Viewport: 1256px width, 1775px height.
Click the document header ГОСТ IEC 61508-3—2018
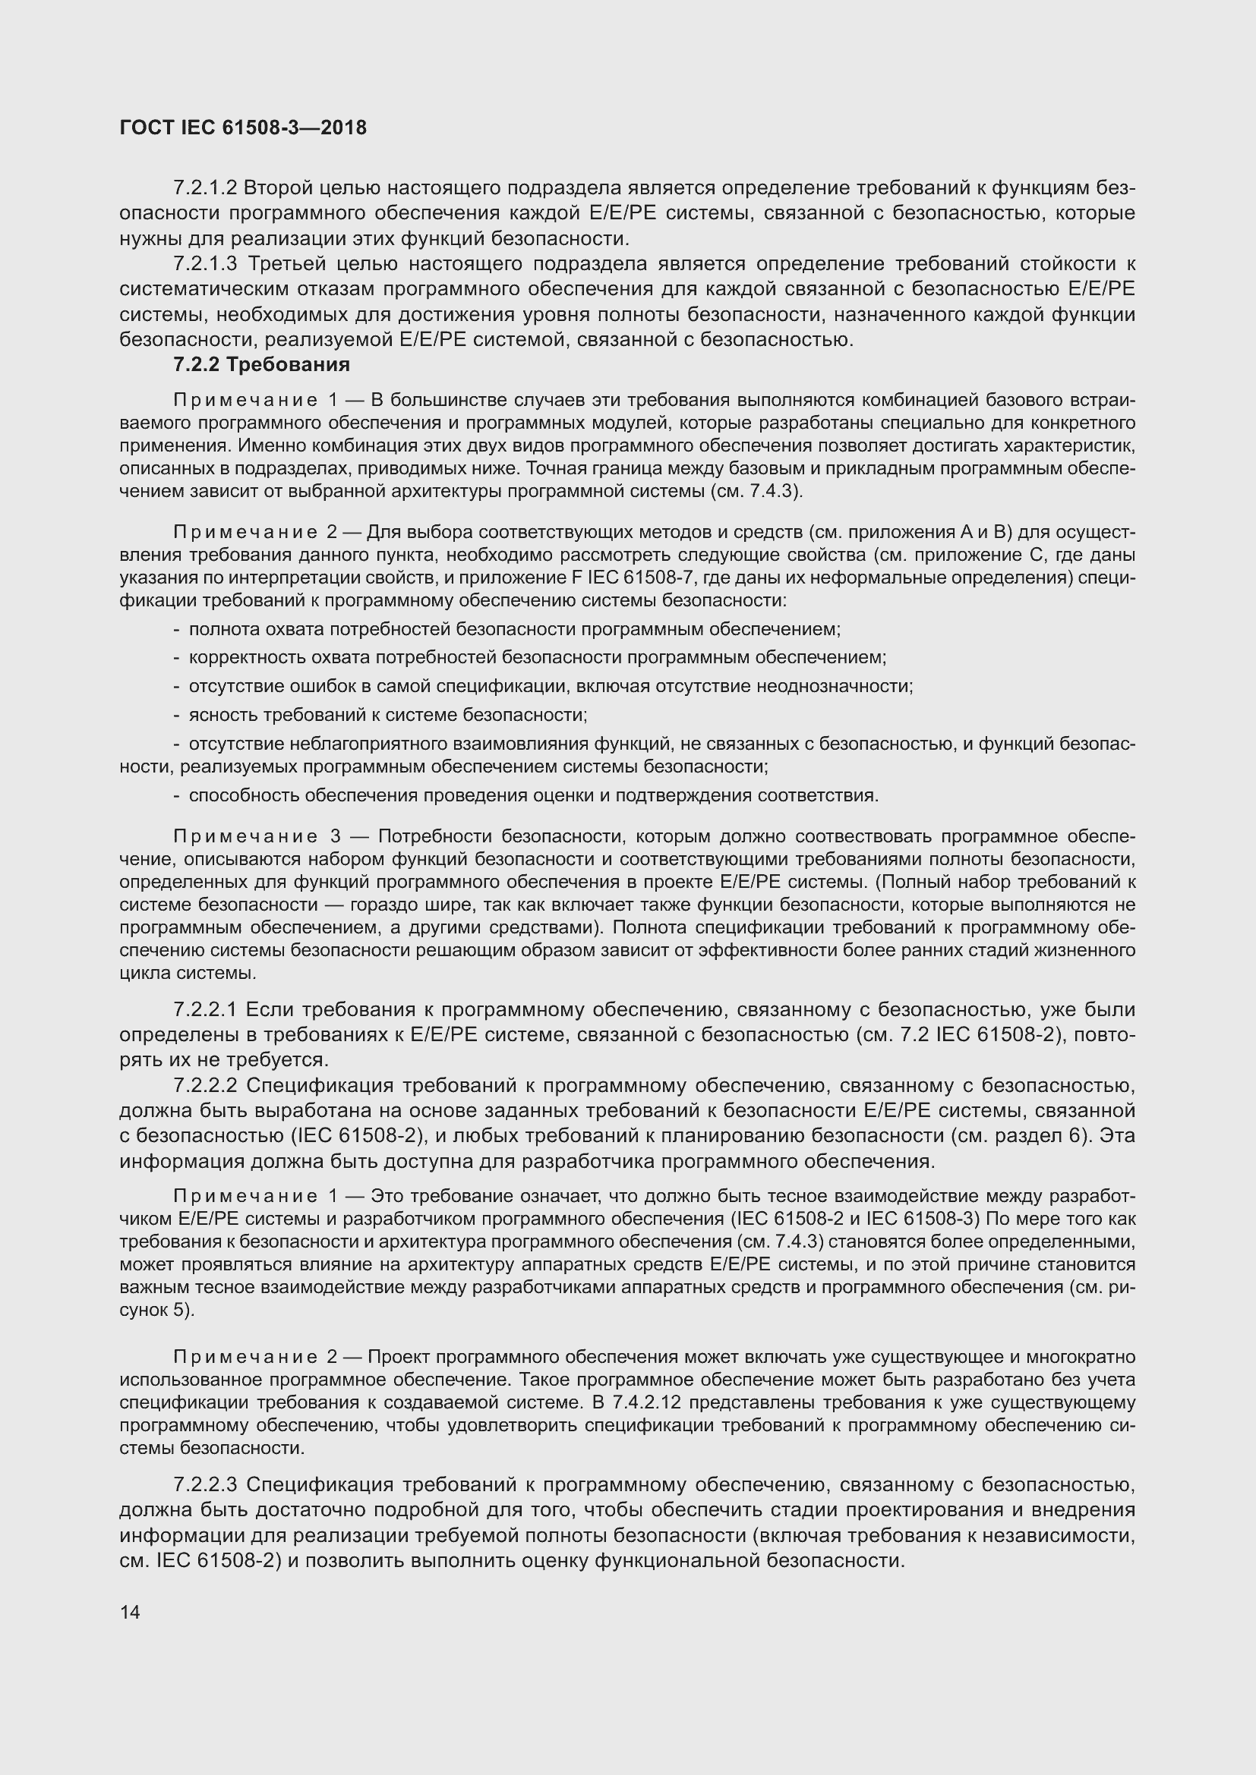243,128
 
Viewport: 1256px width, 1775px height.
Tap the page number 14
130,1612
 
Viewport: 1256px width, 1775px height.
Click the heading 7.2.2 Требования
261,364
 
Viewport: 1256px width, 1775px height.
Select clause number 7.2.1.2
205,188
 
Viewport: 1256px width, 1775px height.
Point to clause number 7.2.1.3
205,263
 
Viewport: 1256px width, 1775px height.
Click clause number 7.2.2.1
205,1009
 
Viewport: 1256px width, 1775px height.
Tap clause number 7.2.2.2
205,1085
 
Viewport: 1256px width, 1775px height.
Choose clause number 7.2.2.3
205,1484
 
